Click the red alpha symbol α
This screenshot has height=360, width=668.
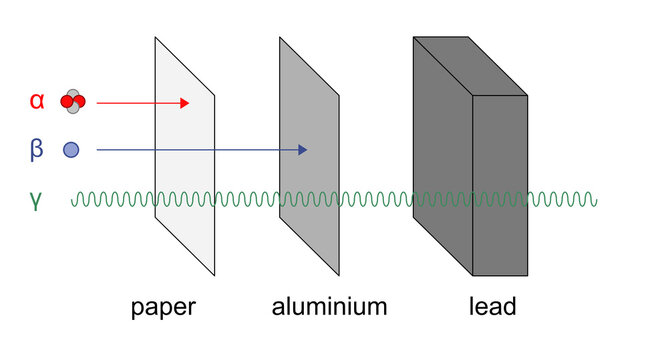[x=37, y=101]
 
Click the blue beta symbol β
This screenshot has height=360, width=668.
[x=37, y=150]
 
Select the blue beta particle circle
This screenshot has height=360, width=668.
[x=71, y=150]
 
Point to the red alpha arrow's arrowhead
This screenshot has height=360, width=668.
[x=184, y=102]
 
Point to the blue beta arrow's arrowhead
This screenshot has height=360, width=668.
[x=302, y=150]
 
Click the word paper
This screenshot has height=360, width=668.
[x=163, y=306]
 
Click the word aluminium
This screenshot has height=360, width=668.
[x=329, y=306]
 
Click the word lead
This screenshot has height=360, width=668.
[x=492, y=306]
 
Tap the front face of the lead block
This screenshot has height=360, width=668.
[x=498, y=185]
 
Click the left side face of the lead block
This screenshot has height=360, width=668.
[x=441, y=150]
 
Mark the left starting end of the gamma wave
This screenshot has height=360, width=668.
[x=73, y=200]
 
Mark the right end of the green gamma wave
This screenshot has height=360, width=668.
[x=597, y=200]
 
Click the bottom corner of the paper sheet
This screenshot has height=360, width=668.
[x=214, y=273]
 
